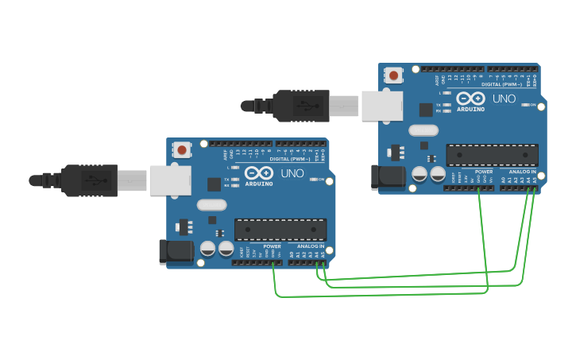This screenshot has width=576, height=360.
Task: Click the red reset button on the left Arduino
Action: coord(182,149)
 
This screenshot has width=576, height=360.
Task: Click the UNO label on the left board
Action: coord(292,173)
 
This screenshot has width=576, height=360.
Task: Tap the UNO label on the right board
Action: coord(504,99)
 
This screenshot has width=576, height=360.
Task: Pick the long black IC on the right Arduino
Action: coord(493,155)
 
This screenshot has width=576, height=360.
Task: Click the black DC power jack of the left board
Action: coord(176,251)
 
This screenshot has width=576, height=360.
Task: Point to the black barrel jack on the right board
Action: coord(388,177)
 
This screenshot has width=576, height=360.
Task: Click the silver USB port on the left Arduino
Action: coord(169,180)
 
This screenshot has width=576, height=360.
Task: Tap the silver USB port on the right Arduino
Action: coord(381,106)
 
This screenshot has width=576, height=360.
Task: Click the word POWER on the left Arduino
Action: coord(272,246)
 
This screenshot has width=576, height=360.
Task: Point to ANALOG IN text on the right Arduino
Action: coord(523,172)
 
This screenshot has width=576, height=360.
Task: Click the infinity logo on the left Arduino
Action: coord(259,173)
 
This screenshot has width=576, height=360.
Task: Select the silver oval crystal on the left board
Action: coord(211,205)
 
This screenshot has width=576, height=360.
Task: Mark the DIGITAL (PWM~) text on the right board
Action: coord(501,84)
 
